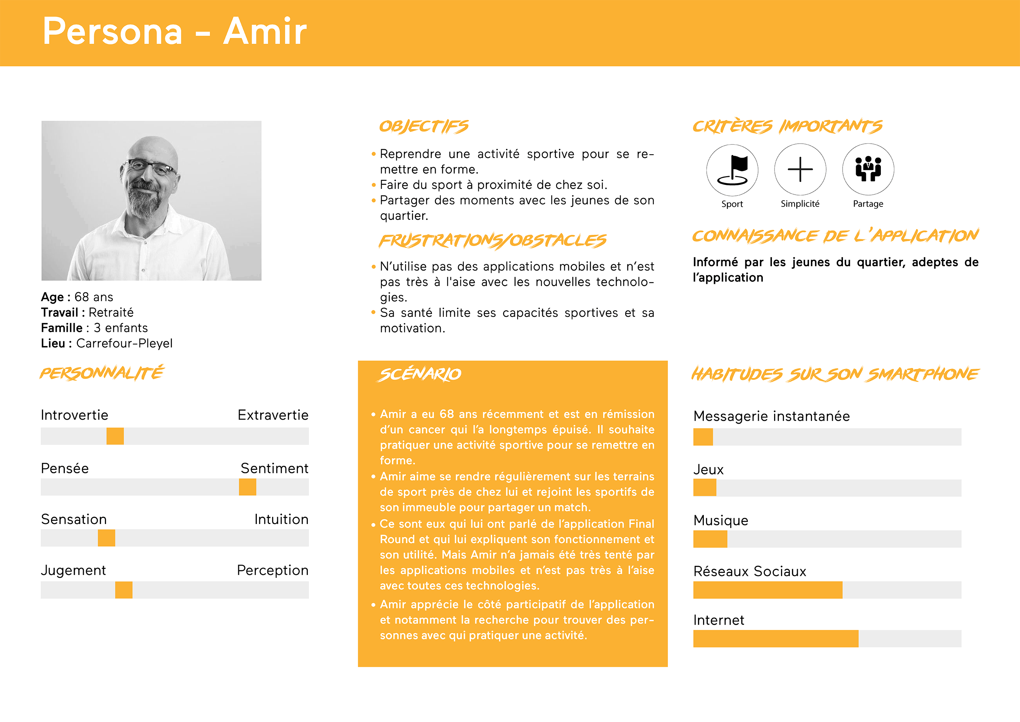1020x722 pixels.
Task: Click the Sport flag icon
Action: (x=732, y=170)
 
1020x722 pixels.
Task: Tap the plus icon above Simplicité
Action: (x=800, y=170)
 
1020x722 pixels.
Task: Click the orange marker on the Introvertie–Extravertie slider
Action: (x=115, y=436)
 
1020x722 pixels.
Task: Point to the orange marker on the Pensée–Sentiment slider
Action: (x=247, y=487)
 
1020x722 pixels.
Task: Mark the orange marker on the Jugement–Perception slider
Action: (x=123, y=590)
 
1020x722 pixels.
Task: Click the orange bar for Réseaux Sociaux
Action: (x=767, y=590)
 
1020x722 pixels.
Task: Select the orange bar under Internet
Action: (x=775, y=639)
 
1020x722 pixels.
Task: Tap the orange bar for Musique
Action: (x=710, y=539)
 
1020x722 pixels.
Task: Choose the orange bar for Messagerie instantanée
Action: (x=703, y=437)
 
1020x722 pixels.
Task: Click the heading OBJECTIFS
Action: (x=423, y=127)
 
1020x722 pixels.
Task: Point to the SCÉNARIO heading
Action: (x=420, y=374)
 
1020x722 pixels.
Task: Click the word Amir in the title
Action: (x=265, y=32)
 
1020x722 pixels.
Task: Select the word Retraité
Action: (x=111, y=313)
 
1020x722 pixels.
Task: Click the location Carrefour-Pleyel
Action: (x=124, y=343)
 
